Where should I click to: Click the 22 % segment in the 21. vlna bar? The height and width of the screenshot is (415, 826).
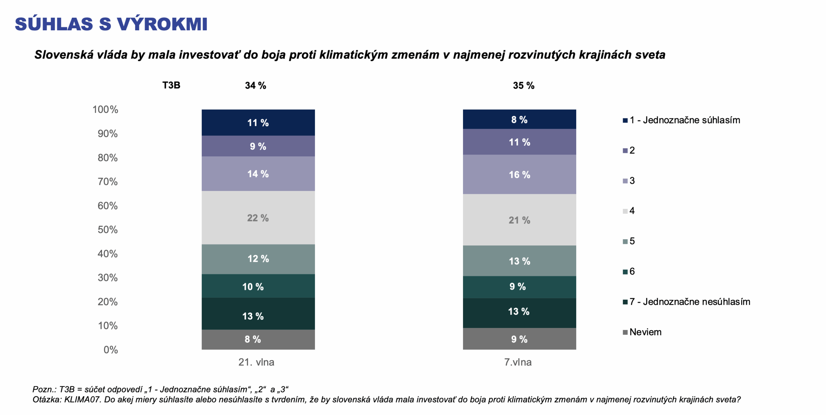point(258,218)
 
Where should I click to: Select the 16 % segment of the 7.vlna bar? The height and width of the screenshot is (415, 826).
point(519,174)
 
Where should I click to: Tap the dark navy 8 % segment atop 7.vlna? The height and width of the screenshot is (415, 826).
point(519,119)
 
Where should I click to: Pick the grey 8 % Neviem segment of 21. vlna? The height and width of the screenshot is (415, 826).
point(258,339)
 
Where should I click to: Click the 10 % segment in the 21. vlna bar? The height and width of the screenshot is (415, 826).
point(258,286)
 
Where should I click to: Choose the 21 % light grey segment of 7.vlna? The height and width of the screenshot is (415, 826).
point(519,220)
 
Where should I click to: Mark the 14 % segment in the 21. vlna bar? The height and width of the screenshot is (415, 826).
point(258,174)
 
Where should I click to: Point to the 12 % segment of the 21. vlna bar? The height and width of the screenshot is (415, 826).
point(258,259)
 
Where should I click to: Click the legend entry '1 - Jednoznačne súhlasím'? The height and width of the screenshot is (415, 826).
point(684,120)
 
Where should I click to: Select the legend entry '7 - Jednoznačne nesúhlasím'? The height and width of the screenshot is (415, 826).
point(689,302)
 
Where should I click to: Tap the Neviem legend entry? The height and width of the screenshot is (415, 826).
point(645,332)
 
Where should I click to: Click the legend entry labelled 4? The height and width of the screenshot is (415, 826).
point(631,211)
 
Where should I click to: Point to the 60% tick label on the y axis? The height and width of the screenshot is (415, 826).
point(107,206)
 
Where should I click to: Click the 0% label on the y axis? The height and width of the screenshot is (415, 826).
point(111,350)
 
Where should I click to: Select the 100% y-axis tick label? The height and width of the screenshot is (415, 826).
point(105,110)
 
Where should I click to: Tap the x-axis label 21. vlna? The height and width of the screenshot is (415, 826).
point(256,362)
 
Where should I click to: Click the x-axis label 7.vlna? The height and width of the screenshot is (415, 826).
point(518,362)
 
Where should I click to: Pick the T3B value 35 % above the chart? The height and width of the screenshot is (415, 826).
point(523,85)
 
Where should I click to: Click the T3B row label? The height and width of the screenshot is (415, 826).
point(171,85)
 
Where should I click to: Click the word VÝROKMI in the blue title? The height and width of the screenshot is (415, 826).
point(162,24)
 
